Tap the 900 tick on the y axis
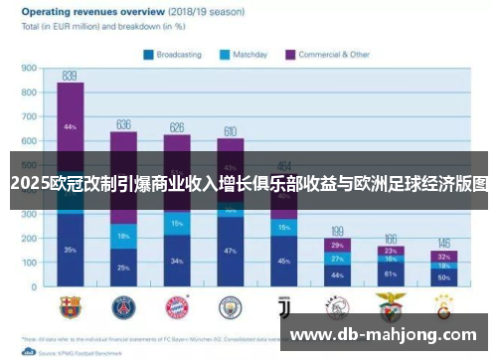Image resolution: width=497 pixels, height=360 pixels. [x=28, y=69]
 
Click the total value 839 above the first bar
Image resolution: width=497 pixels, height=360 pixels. [x=70, y=76]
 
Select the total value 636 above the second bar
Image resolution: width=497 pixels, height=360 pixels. [x=123, y=124]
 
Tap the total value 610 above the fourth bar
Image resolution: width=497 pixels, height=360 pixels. [x=230, y=131]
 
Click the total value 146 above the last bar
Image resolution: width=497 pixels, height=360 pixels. [x=443, y=244]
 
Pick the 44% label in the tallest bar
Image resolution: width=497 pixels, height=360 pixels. [x=70, y=127]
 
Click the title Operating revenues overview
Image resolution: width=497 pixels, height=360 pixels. [x=88, y=12]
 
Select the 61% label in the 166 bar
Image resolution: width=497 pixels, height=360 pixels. [x=390, y=273]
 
